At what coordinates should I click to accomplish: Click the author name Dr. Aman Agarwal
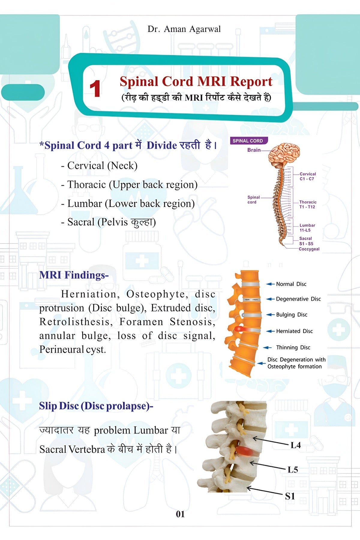tap(184, 29)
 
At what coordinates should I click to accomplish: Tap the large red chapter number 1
tap(95, 89)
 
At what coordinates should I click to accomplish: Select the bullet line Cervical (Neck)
tap(99, 166)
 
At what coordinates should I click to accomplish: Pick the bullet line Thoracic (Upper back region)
tap(129, 184)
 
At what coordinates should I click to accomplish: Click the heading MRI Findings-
tap(74, 275)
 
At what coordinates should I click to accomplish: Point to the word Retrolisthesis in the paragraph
tap(76, 322)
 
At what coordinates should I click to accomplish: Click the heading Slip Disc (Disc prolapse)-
tap(96, 406)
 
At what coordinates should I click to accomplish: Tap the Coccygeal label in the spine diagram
tap(309, 249)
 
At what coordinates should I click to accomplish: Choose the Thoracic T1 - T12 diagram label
tap(307, 205)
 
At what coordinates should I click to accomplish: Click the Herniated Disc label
tap(294, 331)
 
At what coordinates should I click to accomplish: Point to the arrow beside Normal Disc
tap(271, 284)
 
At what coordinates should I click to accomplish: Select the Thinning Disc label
tap(293, 347)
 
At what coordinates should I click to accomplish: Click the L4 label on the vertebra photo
tap(295, 445)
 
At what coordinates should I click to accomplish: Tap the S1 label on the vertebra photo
tap(290, 496)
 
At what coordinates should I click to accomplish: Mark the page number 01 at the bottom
tap(180, 514)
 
